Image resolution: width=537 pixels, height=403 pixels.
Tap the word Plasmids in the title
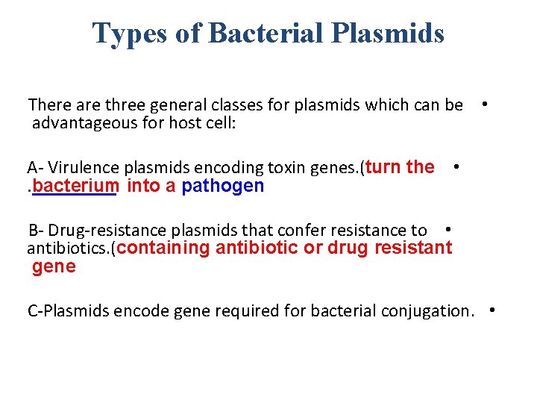(391, 33)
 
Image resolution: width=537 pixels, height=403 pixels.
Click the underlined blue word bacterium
(75, 186)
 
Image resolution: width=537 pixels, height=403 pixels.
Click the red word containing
(163, 249)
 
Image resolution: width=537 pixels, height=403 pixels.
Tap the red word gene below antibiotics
(54, 267)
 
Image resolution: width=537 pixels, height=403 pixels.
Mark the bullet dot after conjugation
(493, 309)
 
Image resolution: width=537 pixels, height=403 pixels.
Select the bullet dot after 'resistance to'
(446, 229)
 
